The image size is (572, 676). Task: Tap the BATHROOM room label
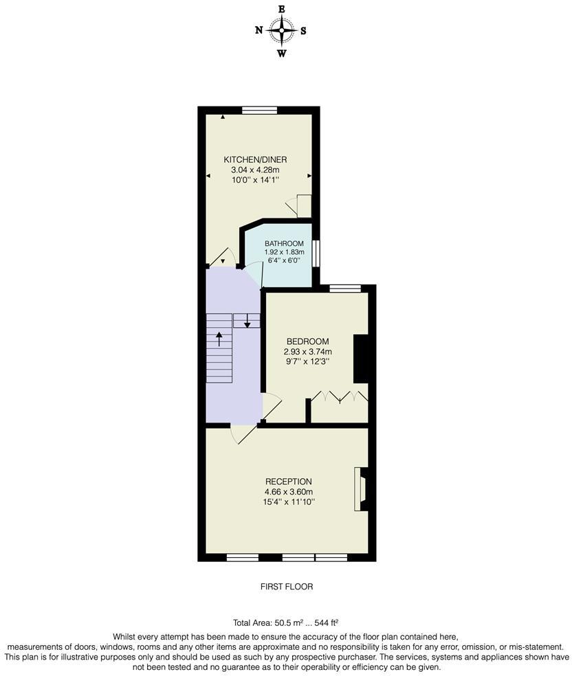[284, 243]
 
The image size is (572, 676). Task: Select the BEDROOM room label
[307, 341]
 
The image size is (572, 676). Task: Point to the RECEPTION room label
[288, 482]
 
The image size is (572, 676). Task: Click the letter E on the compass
[281, 9]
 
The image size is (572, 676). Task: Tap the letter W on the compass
[281, 54]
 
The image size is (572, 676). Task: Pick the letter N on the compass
[259, 30]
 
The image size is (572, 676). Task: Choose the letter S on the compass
[303, 30]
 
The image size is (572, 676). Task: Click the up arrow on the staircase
[219, 339]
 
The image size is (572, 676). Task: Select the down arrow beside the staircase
[247, 321]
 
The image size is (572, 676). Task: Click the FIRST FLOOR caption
[286, 587]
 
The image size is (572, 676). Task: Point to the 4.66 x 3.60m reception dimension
[288, 492]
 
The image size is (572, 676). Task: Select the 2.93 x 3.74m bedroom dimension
[307, 352]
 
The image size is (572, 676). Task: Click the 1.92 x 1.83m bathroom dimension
[284, 252]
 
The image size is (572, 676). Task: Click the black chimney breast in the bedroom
[361, 358]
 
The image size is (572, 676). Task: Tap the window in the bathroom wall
[316, 253]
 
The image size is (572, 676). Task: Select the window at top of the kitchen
[259, 110]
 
